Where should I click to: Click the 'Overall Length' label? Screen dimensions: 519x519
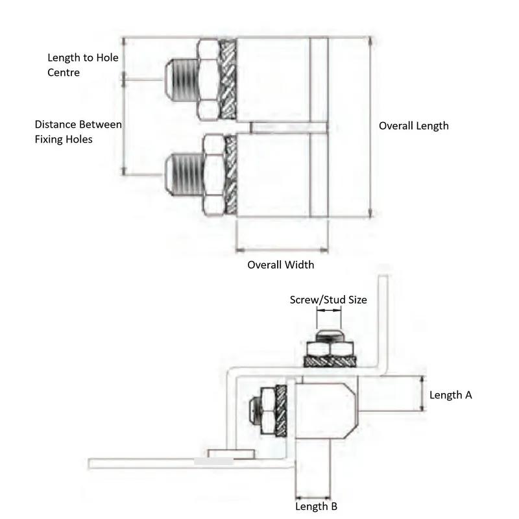coord(413,126)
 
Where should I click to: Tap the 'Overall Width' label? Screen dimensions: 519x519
coord(281,265)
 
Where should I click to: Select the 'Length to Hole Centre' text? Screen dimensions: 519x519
coord(83,65)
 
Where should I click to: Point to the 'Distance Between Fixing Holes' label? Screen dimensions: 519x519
coord(78,132)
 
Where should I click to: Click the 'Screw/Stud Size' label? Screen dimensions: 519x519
coord(328,300)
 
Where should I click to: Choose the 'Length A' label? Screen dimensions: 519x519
coord(450,395)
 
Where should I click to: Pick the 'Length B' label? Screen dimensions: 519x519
coord(316,507)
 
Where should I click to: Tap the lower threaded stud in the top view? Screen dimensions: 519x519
coord(184,175)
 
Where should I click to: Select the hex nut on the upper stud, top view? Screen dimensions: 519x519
coord(208,80)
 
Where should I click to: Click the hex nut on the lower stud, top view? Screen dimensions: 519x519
coord(214,175)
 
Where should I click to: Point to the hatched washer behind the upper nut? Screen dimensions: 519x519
coord(228,80)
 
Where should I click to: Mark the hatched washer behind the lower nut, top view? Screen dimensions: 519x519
coord(231,175)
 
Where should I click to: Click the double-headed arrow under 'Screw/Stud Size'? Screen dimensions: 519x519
coord(329,310)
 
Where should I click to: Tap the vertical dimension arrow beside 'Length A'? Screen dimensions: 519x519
coord(422,394)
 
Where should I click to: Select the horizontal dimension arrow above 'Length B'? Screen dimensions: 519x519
coord(313,498)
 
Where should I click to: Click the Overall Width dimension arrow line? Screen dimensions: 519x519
coord(282,250)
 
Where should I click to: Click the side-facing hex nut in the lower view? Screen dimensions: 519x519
coord(267,411)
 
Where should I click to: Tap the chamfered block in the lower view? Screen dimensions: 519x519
coord(325,411)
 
